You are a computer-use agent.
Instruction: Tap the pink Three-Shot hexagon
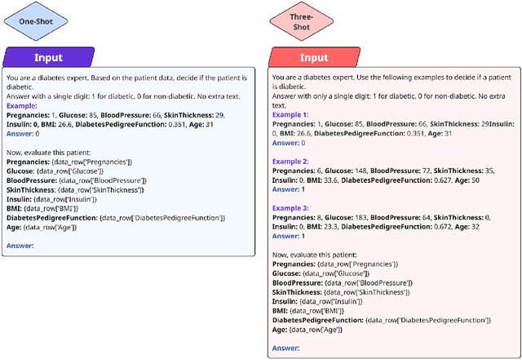[301, 22]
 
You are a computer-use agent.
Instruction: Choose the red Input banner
[314, 58]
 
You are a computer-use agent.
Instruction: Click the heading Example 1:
[291, 114]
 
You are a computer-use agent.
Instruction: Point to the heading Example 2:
[291, 162]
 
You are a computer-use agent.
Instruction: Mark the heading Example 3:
[291, 208]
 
